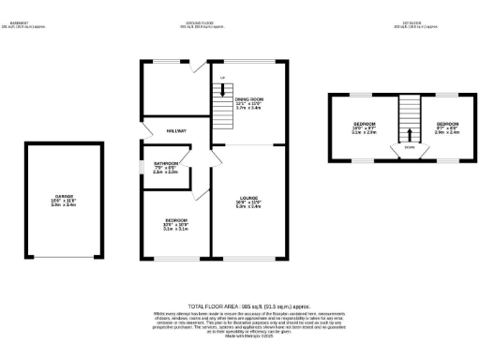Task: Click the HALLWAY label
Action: tap(176, 130)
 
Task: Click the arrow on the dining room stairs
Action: tap(222, 91)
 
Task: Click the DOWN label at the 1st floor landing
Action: tap(410, 147)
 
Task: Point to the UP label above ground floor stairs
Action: tap(222, 77)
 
